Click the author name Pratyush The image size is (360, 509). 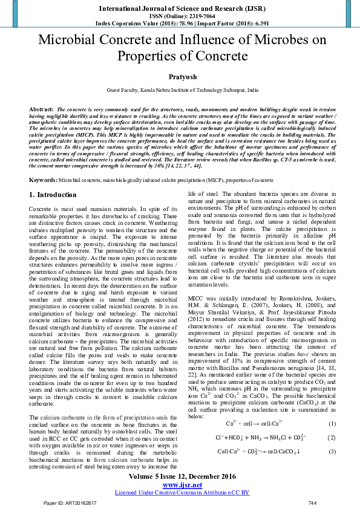(180, 77)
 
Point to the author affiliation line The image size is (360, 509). (180, 89)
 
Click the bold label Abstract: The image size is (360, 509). (42, 108)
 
